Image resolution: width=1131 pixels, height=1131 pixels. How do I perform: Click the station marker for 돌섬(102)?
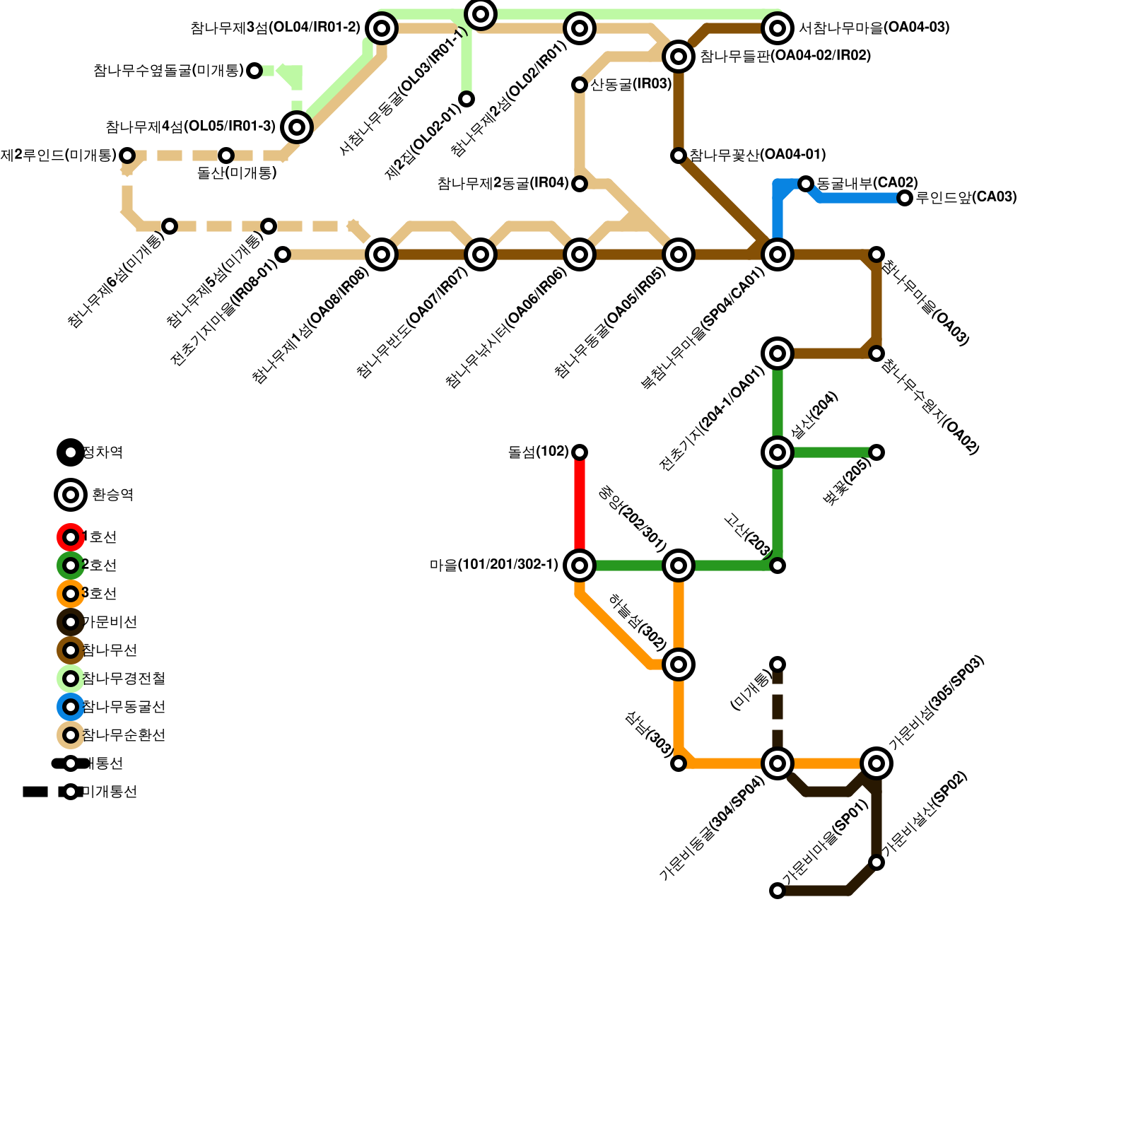click(580, 452)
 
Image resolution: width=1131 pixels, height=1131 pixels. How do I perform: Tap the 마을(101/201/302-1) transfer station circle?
click(580, 565)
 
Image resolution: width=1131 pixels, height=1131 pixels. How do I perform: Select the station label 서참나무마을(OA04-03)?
click(874, 28)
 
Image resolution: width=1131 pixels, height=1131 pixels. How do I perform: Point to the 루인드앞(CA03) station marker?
click(905, 198)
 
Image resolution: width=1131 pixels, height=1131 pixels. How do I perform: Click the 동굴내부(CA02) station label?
click(867, 183)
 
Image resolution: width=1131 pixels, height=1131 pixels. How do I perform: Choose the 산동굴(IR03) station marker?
click(580, 85)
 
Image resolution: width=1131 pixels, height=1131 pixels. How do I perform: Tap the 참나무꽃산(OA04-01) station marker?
click(679, 156)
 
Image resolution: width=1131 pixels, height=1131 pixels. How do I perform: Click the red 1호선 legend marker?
click(71, 537)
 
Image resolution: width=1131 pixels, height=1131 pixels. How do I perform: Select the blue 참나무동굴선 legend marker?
click(71, 707)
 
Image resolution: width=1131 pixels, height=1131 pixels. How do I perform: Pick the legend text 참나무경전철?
click(124, 679)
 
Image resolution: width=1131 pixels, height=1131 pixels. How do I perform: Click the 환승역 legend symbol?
click(71, 495)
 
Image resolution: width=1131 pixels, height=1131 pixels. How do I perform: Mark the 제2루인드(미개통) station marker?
click(127, 156)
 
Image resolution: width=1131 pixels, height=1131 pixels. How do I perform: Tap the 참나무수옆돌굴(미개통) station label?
click(168, 71)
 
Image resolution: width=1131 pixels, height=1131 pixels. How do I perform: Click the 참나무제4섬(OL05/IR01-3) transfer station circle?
click(297, 127)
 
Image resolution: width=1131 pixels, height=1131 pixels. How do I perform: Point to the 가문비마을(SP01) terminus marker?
click(778, 891)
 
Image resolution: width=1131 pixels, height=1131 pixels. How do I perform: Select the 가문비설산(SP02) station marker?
click(877, 862)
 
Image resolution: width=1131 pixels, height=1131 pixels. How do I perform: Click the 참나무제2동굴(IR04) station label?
click(503, 184)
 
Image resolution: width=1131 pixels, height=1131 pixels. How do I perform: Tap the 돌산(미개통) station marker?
click(226, 156)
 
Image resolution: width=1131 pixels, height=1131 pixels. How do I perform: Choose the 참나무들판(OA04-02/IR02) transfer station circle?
click(679, 56)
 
